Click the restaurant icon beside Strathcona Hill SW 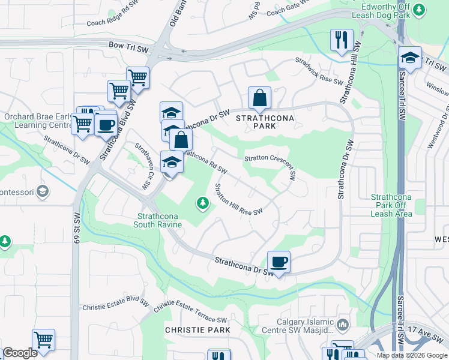click(341, 41)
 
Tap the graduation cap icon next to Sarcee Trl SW click(410, 58)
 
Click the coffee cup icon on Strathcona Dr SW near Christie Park click(279, 262)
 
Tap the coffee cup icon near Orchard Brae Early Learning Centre click(106, 125)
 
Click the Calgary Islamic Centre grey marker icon click(343, 325)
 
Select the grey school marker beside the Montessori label click(43, 191)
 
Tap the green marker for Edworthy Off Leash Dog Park click(420, 9)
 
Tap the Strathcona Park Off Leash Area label click(391, 205)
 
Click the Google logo click(20, 353)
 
